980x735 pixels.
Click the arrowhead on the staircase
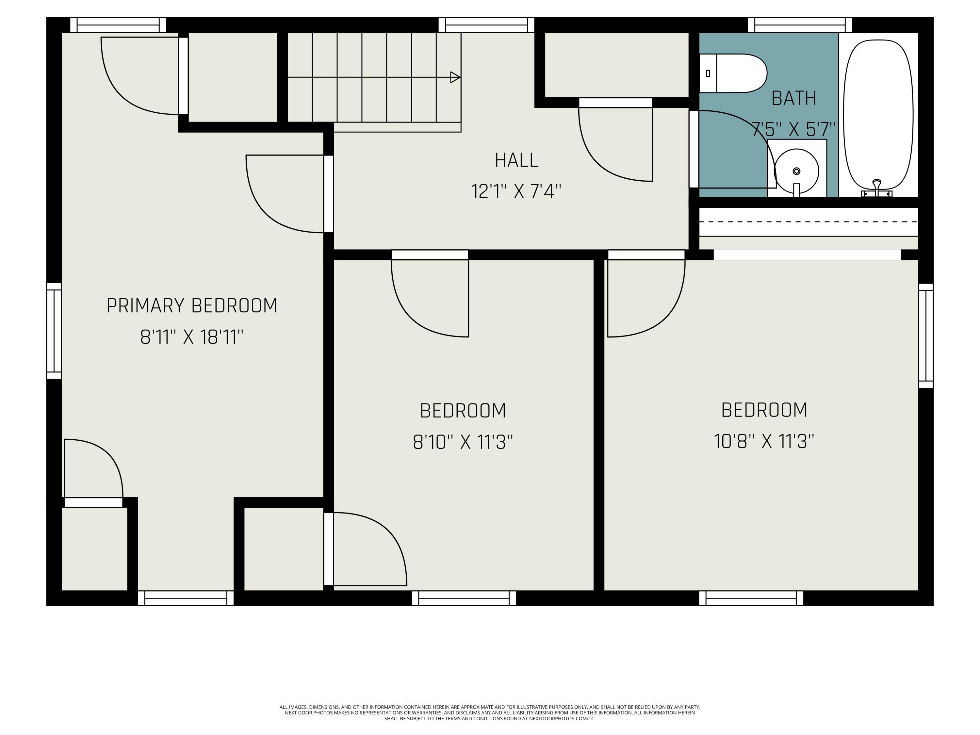[x=455, y=77]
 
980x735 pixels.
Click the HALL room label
[x=516, y=160]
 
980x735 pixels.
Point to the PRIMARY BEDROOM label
[x=192, y=306]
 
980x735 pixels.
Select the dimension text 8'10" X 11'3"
[x=463, y=442]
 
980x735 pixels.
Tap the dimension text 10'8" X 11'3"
[x=764, y=441]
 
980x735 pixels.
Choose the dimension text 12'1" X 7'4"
[x=516, y=191]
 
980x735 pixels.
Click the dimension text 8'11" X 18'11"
[x=192, y=337]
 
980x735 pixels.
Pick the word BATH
[x=793, y=98]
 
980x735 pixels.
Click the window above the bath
[x=800, y=25]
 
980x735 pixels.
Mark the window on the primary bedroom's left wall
[x=54, y=331]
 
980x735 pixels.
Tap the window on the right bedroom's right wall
[x=925, y=335]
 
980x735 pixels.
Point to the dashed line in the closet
[x=808, y=221]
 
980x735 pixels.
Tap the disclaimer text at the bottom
[x=490, y=713]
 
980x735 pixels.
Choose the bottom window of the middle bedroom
[x=464, y=598]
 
